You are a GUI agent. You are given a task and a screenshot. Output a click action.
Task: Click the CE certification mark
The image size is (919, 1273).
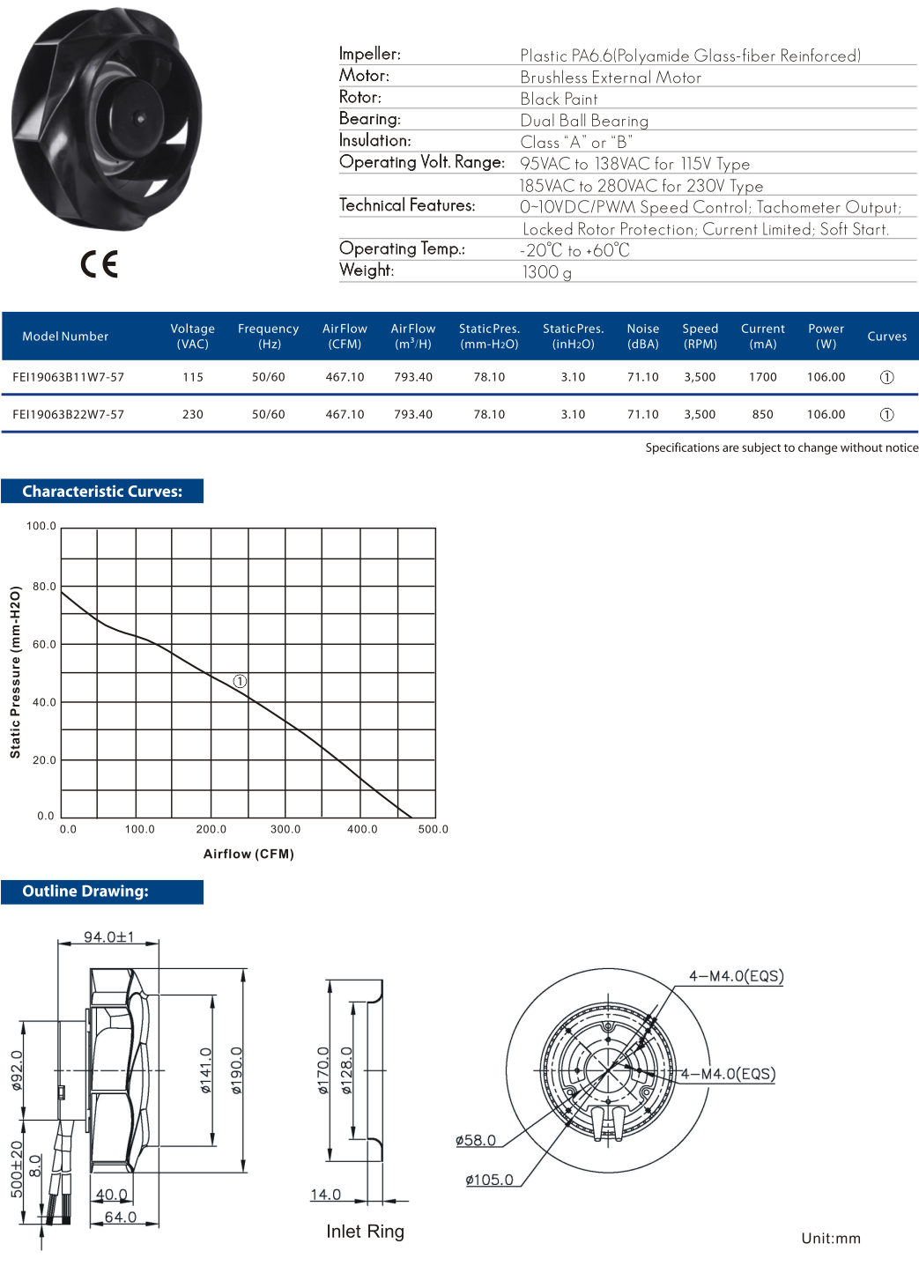(99, 263)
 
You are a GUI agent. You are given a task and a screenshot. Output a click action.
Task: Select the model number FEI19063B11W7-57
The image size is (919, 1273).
(68, 377)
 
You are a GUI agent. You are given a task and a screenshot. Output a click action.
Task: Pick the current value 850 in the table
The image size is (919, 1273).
(762, 414)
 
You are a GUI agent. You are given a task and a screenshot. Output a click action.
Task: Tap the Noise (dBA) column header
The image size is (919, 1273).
(642, 336)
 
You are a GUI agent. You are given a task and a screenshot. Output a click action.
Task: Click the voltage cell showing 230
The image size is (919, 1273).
(192, 414)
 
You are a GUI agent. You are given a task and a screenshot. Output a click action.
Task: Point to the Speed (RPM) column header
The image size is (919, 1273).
(700, 336)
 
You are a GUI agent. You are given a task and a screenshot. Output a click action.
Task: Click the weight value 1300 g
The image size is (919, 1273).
(546, 272)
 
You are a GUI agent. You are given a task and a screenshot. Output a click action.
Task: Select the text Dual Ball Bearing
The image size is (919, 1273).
(583, 121)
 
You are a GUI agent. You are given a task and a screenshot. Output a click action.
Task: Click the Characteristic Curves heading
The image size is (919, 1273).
(102, 492)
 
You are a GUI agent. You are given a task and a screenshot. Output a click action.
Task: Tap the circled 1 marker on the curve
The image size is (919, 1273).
(240, 681)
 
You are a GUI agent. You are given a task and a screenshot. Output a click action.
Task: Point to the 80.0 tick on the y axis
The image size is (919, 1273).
(44, 586)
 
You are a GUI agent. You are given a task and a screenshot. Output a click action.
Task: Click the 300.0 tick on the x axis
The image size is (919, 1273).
(285, 829)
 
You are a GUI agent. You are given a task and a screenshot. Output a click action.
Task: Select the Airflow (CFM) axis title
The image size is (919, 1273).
(248, 854)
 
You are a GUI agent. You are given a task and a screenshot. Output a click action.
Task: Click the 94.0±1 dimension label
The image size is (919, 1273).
(108, 936)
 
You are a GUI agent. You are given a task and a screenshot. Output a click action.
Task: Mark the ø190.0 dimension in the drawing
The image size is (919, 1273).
(236, 1070)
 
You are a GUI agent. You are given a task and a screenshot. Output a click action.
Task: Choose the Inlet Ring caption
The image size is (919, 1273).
(365, 1232)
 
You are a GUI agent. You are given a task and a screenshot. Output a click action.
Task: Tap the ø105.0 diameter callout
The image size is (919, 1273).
(489, 1180)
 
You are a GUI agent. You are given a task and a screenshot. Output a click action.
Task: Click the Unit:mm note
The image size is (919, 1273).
(830, 1238)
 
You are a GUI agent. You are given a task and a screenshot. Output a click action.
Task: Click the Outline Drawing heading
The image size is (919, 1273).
(85, 892)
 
